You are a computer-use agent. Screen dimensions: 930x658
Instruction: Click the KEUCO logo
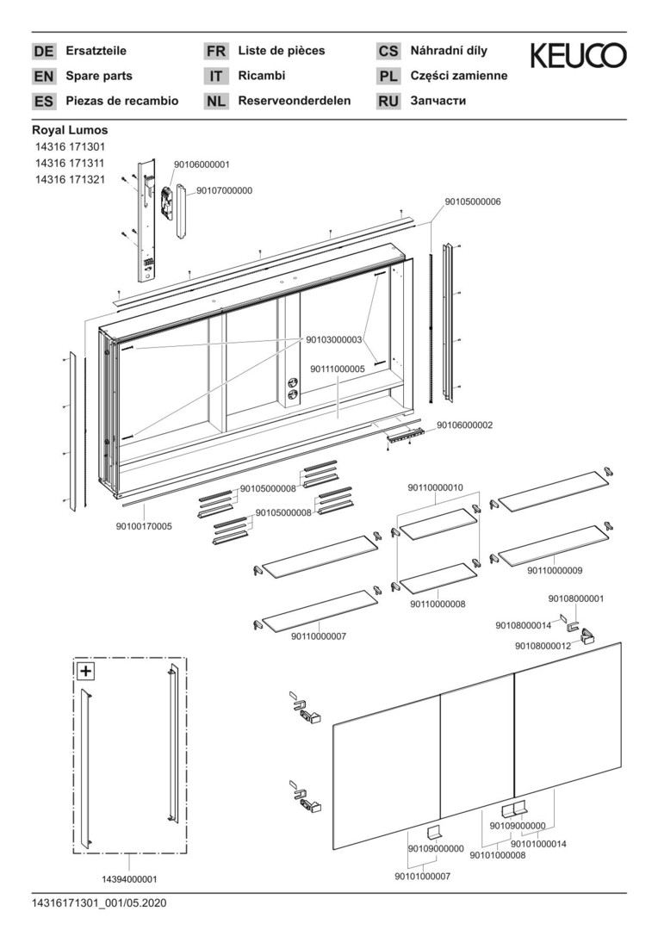578,57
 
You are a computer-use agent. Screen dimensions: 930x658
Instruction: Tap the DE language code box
43,52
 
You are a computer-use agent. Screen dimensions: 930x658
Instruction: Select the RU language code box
388,102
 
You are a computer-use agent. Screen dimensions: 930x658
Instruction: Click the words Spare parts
99,76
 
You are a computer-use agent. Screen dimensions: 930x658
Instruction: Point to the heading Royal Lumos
70,130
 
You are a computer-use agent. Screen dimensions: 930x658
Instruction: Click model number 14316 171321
71,180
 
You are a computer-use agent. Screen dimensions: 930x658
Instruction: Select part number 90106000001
202,164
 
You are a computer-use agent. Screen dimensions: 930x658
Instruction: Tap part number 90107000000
225,190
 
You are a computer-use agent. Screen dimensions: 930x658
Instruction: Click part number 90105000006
473,201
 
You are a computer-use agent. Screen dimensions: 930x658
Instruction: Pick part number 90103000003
333,340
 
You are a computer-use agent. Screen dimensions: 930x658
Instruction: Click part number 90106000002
465,425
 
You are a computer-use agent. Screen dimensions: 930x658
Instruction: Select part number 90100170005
144,525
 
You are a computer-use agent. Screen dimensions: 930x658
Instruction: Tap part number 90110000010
435,487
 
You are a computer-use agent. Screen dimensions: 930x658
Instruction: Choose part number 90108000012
543,646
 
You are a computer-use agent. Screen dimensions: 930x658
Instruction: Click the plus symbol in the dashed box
86,671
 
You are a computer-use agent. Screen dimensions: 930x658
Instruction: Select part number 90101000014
539,845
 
